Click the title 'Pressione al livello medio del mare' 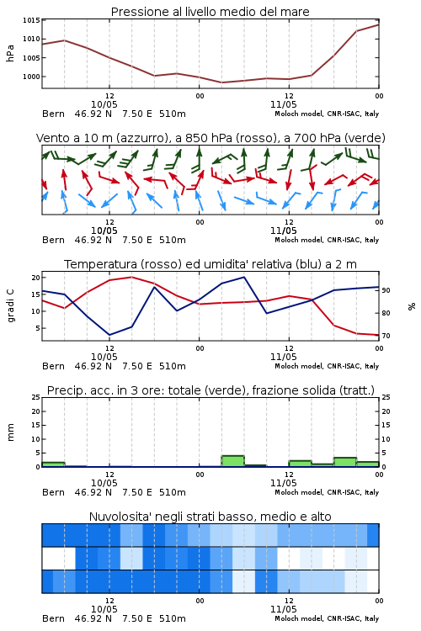pos(210,12)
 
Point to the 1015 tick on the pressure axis pos(31,20)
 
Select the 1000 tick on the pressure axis pos(31,77)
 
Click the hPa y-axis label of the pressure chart pos(10,53)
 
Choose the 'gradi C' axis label pos(10,305)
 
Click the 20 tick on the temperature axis pos(36,278)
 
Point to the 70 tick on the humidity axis pos(386,336)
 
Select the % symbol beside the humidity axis pos(412,306)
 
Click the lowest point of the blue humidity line pos(109,335)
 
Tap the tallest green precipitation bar pos(233,461)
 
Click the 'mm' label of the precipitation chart pos(10,432)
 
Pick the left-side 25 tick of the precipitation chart pos(36,397)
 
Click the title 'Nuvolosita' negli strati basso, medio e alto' pos(210,517)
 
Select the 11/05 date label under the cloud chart pos(284,609)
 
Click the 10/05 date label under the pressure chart pos(104,104)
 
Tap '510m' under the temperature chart pos(173,366)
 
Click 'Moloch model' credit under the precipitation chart pos(299,492)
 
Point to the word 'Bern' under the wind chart pos(53,241)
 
